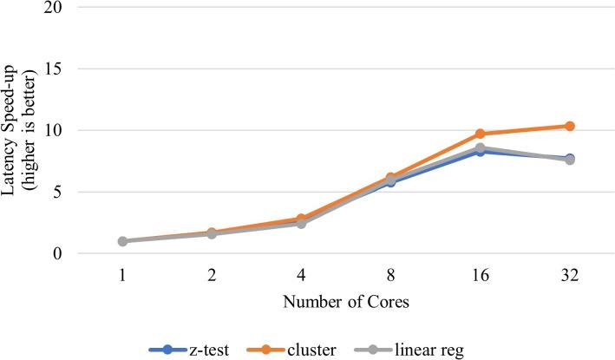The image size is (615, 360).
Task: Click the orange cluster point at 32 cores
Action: [x=569, y=126]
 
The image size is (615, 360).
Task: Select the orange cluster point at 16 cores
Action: [x=480, y=134]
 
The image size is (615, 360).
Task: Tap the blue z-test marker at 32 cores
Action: [x=569, y=158]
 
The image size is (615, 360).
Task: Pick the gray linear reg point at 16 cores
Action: [x=480, y=148]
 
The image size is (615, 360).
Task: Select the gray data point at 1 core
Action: [x=122, y=241]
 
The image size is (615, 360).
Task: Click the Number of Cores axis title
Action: [x=345, y=304]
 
